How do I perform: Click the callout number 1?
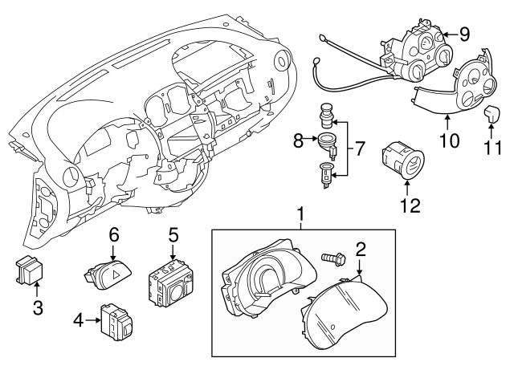(x=300, y=214)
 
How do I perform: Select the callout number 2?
(x=361, y=250)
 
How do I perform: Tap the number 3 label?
(x=38, y=308)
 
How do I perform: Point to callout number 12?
(x=410, y=205)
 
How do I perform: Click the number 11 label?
(x=493, y=148)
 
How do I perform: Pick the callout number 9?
(x=464, y=34)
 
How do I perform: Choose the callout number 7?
(x=360, y=149)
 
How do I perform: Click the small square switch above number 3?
(x=30, y=270)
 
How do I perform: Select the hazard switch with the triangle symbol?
(x=108, y=275)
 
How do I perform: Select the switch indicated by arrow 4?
(x=116, y=322)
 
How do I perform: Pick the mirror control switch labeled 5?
(x=169, y=283)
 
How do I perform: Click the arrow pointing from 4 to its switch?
(x=92, y=320)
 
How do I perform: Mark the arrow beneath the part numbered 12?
(x=407, y=188)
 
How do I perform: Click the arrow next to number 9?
(x=449, y=34)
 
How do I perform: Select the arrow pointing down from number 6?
(x=112, y=253)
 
